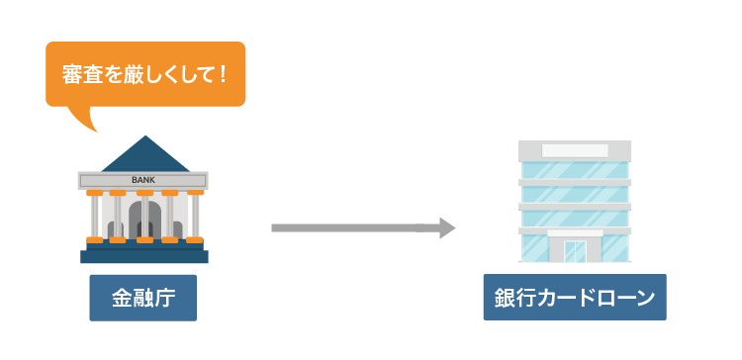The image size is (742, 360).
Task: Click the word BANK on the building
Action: (144, 180)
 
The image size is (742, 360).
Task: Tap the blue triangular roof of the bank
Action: (144, 156)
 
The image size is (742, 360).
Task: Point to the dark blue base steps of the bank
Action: (144, 254)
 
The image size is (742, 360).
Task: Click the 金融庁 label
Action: (143, 297)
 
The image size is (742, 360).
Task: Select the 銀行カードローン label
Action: (574, 297)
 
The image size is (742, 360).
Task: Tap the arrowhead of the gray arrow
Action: (446, 228)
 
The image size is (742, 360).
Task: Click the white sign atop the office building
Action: (574, 150)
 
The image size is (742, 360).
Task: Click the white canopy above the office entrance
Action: (574, 230)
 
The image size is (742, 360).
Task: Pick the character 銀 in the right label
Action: (506, 297)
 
